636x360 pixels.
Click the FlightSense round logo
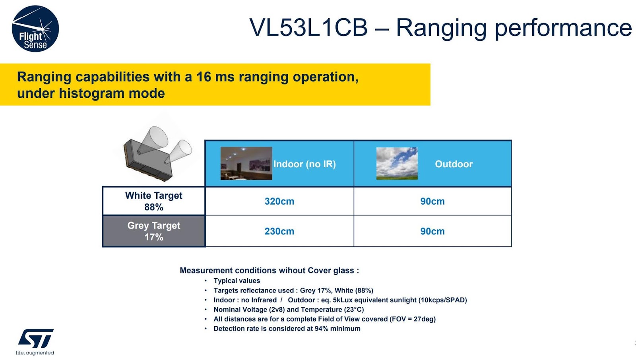coord(35,29)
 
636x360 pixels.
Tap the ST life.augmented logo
coord(35,341)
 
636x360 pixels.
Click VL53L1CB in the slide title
coord(308,28)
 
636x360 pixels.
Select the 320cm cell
coord(279,201)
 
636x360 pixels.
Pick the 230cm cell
coord(279,231)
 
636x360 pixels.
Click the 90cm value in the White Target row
coord(432,201)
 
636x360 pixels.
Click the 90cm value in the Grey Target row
coord(432,231)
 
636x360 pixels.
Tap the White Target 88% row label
coord(154,201)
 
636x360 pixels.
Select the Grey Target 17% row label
coord(154,231)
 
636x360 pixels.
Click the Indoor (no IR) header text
coord(304,164)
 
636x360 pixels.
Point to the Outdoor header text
coord(454,164)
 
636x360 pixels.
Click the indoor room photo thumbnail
coord(246,163)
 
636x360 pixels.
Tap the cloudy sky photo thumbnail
coord(397,163)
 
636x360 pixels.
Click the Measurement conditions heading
coord(269,271)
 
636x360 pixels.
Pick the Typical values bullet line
coord(237,281)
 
